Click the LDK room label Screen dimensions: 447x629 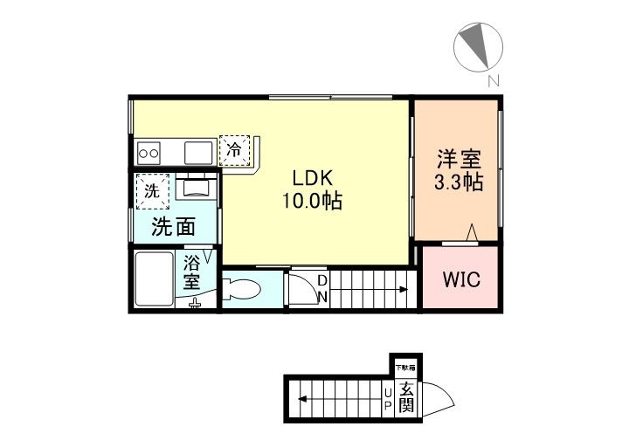[x=311, y=177]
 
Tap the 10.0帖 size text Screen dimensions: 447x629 [x=311, y=201]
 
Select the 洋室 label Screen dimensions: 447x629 [x=458, y=162]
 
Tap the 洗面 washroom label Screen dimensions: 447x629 [x=173, y=228]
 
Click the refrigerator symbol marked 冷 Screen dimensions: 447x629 [x=234, y=149]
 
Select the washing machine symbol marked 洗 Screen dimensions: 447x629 [x=153, y=193]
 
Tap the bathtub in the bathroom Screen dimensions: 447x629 [x=155, y=279]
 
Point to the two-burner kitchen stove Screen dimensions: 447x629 [x=149, y=154]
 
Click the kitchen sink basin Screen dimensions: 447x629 [x=199, y=152]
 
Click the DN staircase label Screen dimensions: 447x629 [x=322, y=288]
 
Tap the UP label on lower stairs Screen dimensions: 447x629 [x=387, y=400]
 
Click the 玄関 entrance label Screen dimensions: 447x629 [x=406, y=400]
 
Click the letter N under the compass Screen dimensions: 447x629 [x=494, y=82]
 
